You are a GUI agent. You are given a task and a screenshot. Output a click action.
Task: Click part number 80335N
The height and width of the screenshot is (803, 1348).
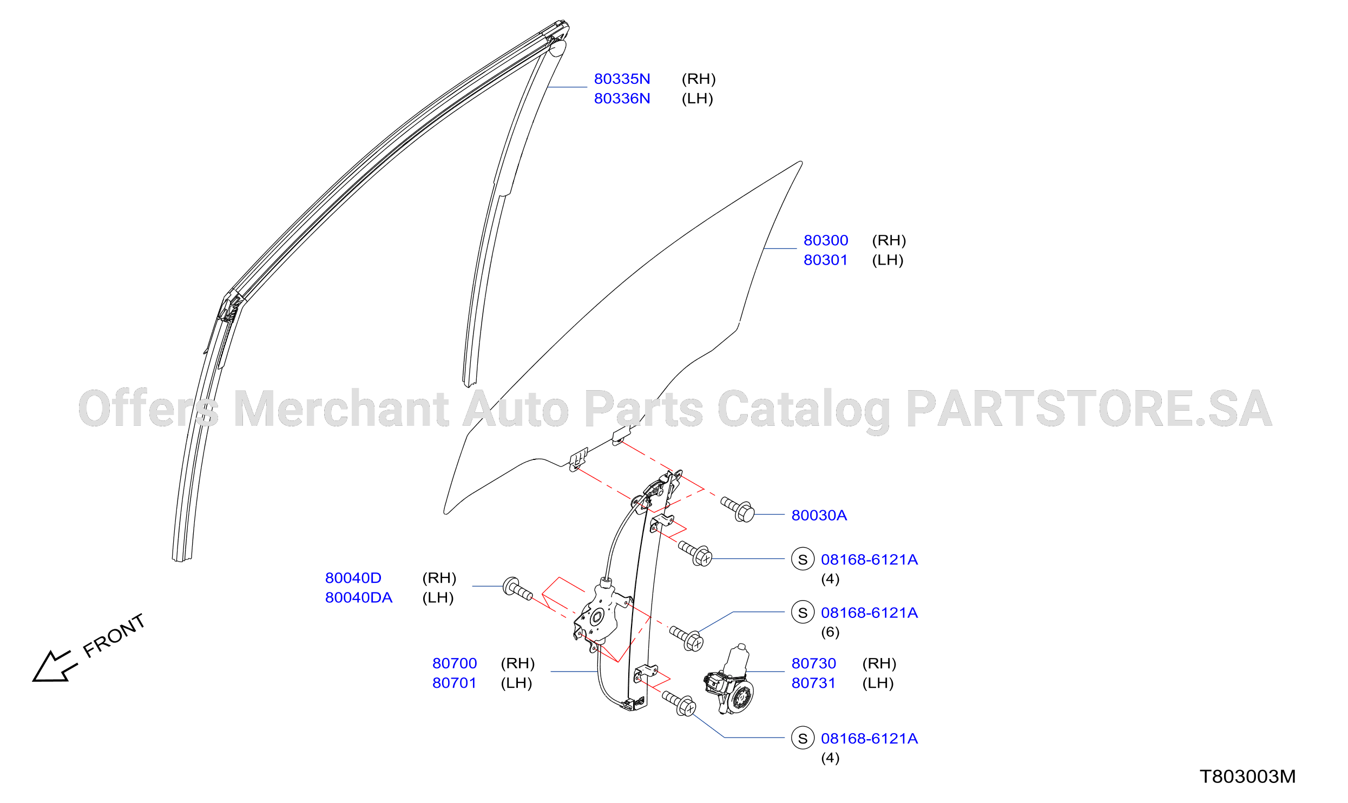pyautogui.click(x=622, y=79)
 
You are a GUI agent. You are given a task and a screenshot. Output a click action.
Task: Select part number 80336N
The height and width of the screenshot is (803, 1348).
pyautogui.click(x=622, y=98)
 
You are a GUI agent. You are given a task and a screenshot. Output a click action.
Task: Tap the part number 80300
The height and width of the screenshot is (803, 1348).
pyautogui.click(x=826, y=240)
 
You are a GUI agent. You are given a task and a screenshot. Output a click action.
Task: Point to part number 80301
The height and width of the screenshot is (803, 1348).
pyautogui.click(x=825, y=260)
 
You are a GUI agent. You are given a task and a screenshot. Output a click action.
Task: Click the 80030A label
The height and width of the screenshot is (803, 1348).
pyautogui.click(x=819, y=515)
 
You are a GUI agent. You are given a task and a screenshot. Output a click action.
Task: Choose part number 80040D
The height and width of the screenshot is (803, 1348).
pyautogui.click(x=353, y=578)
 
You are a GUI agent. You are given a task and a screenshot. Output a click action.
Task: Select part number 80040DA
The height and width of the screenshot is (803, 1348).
pyautogui.click(x=359, y=598)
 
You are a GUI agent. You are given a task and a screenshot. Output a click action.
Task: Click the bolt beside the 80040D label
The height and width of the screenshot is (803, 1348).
pyautogui.click(x=518, y=588)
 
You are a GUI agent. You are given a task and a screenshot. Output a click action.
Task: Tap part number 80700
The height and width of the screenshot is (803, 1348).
pyautogui.click(x=455, y=663)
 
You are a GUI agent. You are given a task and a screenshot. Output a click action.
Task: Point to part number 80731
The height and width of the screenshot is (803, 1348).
pyautogui.click(x=813, y=683)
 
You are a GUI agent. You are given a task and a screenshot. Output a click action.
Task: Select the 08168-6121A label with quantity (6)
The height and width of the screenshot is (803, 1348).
pyautogui.click(x=869, y=613)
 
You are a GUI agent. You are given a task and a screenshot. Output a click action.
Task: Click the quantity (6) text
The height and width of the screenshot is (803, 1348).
pyautogui.click(x=830, y=632)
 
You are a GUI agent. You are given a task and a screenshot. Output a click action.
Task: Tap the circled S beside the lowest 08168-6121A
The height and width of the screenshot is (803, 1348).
pyautogui.click(x=803, y=738)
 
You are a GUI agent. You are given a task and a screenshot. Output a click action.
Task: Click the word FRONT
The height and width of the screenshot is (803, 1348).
pyautogui.click(x=114, y=636)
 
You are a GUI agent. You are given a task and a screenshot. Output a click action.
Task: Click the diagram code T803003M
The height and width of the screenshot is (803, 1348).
pyautogui.click(x=1248, y=776)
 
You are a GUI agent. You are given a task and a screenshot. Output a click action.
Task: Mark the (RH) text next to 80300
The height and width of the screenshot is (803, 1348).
pyautogui.click(x=889, y=240)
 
